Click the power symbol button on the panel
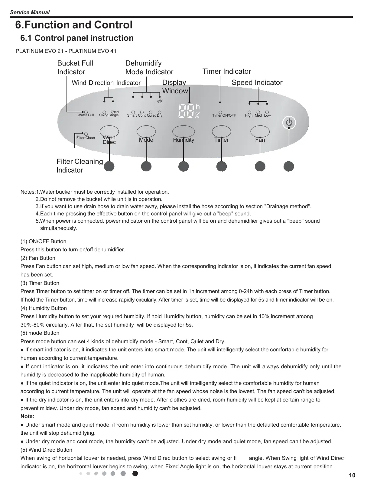[x=289, y=122]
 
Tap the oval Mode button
[x=146, y=132]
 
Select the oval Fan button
[x=260, y=132]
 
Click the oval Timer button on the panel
[x=222, y=132]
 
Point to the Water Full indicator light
[x=86, y=112]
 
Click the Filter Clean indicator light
[x=86, y=134]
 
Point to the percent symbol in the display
[x=197, y=115]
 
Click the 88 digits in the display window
[x=186, y=111]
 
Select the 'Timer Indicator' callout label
[x=226, y=71]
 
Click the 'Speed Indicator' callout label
[x=257, y=82]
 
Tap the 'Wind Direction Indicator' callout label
[x=106, y=83]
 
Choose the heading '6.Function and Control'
[x=74, y=25]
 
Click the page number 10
[x=352, y=476]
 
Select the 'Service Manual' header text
[x=30, y=12]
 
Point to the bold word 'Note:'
[x=27, y=416]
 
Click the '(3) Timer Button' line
[x=40, y=283]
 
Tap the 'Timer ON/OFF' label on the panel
[x=224, y=115]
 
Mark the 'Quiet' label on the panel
[x=151, y=115]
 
